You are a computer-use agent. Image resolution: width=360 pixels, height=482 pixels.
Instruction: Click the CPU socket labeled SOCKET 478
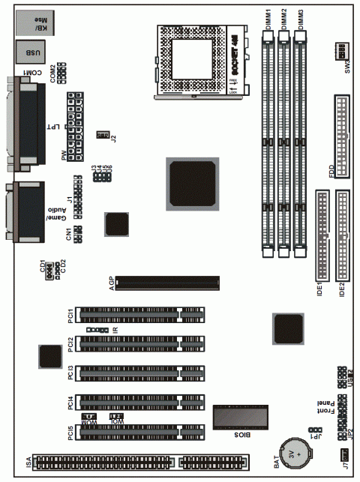(196, 61)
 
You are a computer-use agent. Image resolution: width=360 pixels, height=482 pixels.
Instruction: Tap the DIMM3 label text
(301, 19)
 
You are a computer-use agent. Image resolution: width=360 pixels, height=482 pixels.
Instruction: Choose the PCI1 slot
(141, 313)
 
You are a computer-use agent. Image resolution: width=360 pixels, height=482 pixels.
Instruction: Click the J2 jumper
(103, 135)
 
